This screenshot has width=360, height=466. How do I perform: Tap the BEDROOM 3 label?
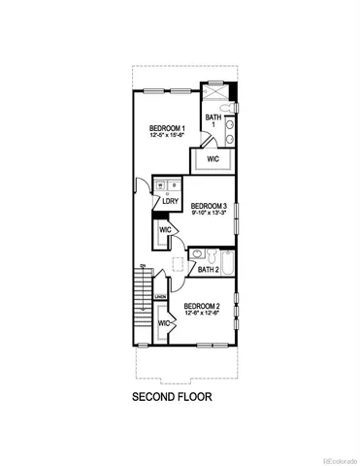[209, 206]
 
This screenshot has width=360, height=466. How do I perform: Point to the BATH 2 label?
[209, 270]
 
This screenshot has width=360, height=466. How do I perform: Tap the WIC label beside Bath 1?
[213, 158]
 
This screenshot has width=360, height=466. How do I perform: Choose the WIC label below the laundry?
[165, 230]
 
